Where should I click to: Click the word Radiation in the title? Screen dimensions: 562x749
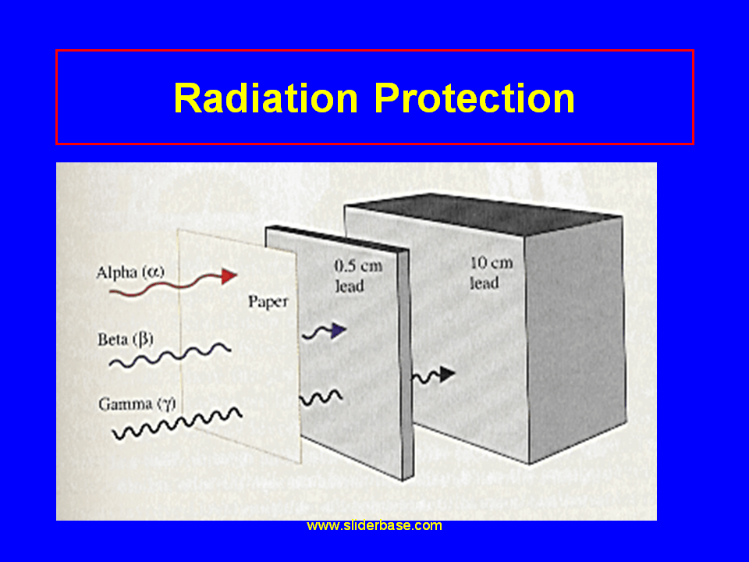pyautogui.click(x=265, y=98)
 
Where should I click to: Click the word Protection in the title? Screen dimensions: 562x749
pyautogui.click(x=474, y=98)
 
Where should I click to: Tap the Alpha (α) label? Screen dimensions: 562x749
pyautogui.click(x=130, y=272)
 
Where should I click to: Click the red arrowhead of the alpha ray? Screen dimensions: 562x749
pyautogui.click(x=229, y=275)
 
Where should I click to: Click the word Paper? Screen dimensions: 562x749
pyautogui.click(x=268, y=302)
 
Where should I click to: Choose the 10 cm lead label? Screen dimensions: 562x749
pyautogui.click(x=491, y=272)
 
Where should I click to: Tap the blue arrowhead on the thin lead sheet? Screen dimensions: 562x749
pyautogui.click(x=338, y=331)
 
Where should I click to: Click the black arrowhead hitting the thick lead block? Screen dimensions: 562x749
pyautogui.click(x=445, y=374)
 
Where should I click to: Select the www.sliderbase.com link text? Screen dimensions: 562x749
pyautogui.click(x=374, y=525)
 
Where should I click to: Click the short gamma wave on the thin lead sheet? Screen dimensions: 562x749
pyautogui.click(x=321, y=398)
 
